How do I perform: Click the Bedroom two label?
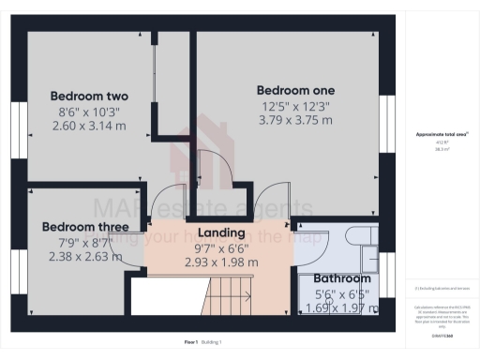point(89,97)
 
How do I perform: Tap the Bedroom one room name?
point(295,90)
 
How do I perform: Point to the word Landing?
point(221,232)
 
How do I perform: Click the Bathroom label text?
point(341,279)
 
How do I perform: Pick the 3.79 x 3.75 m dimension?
point(295,119)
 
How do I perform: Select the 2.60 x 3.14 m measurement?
point(89,126)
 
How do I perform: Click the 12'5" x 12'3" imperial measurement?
point(295,105)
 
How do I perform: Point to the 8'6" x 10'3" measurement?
point(89,112)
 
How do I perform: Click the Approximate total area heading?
point(442,135)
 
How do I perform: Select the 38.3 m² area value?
point(442,148)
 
